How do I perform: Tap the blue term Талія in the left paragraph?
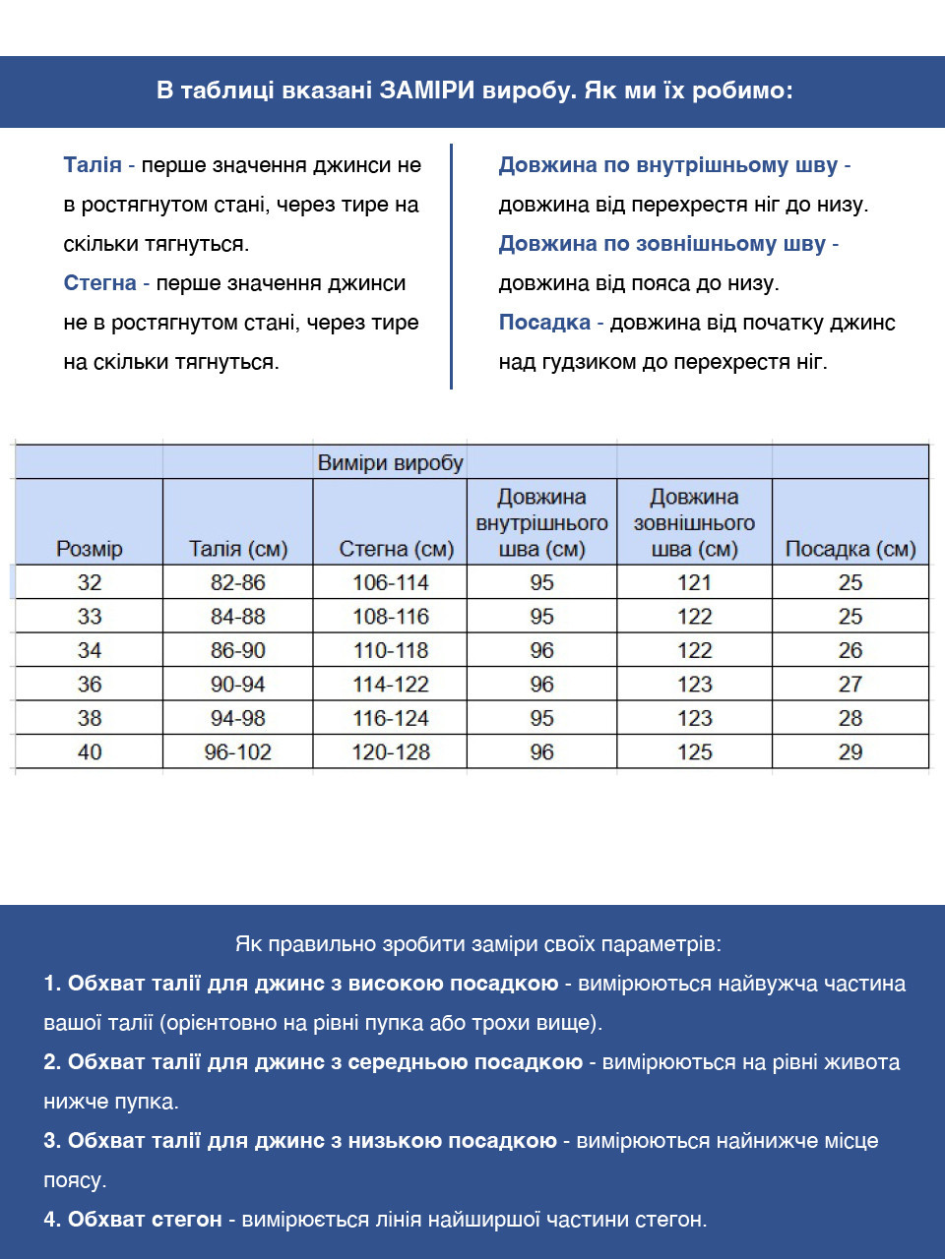click(93, 165)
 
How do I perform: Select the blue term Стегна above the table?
click(99, 283)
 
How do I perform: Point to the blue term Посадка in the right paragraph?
click(544, 323)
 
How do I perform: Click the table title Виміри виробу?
click(390, 462)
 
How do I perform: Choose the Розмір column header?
click(89, 549)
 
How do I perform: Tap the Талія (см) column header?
click(237, 549)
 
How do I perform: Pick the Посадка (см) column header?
click(850, 549)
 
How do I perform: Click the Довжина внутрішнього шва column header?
click(541, 523)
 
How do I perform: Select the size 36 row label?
click(89, 685)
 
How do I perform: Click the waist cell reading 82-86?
click(237, 582)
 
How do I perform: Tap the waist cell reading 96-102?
click(237, 752)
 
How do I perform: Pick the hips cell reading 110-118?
click(391, 650)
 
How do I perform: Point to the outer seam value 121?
click(694, 582)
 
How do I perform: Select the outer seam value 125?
click(694, 752)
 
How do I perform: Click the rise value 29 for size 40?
click(850, 752)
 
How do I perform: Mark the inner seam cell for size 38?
click(541, 718)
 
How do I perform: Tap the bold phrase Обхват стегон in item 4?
click(145, 1220)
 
